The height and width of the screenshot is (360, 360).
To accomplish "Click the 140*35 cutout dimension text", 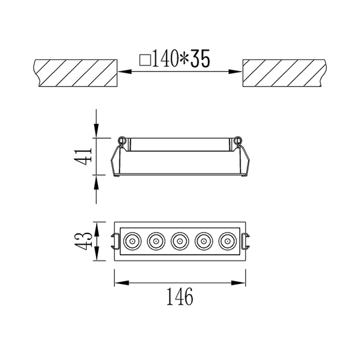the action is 181,59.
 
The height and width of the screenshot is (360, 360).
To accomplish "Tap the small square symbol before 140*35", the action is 145,60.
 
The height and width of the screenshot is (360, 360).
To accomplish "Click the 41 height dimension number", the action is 83,157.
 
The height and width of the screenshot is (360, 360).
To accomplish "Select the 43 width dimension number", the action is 83,241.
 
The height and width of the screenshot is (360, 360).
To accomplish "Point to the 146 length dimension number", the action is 180,297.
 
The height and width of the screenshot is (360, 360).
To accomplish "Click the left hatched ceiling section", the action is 76,73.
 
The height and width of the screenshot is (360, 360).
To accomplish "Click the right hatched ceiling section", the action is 284,73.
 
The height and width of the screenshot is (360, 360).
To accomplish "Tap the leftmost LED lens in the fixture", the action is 132,241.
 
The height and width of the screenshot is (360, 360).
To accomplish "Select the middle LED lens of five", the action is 180,241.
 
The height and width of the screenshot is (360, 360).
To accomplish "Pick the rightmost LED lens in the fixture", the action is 227,241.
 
